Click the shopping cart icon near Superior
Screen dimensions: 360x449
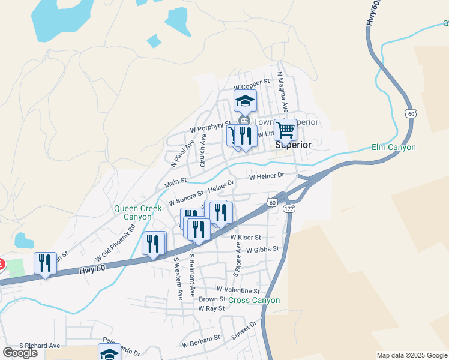[x=286, y=130]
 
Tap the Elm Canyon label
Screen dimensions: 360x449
[x=393, y=147]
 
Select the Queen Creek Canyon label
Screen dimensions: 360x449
[x=138, y=212]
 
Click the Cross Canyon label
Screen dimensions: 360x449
[x=254, y=300]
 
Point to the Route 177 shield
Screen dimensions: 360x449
[x=289, y=208]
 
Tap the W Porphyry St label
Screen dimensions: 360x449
[x=210, y=127]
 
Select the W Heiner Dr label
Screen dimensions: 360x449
[x=266, y=176]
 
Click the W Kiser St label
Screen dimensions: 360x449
[x=246, y=238]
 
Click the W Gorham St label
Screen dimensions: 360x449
[x=201, y=342]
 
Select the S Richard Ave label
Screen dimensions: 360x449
[x=40, y=346]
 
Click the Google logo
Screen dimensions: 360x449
[x=20, y=353]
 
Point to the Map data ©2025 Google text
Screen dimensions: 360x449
[x=411, y=355]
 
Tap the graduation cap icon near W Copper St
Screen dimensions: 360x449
[x=245, y=101]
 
